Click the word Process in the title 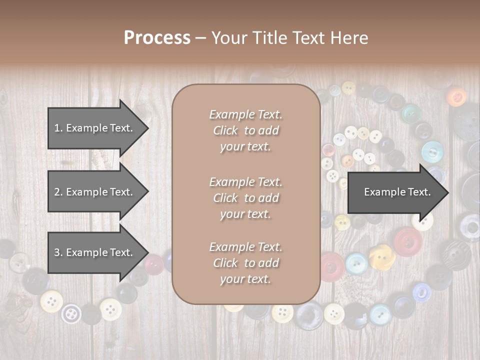(x=157, y=38)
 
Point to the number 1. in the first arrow (x=58, y=128)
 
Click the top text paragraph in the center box (x=245, y=130)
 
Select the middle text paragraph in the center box (x=245, y=198)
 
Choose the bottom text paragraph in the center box (x=245, y=263)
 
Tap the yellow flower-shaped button (x=382, y=256)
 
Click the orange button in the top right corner (x=456, y=96)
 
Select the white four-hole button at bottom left (x=71, y=313)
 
